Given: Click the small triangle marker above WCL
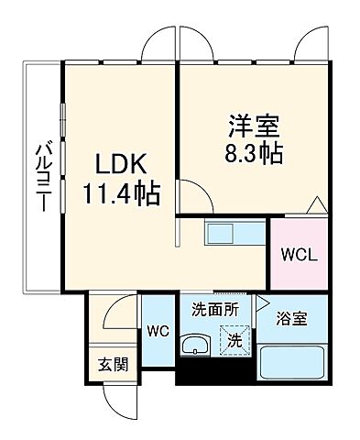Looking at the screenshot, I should (x=315, y=204).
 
